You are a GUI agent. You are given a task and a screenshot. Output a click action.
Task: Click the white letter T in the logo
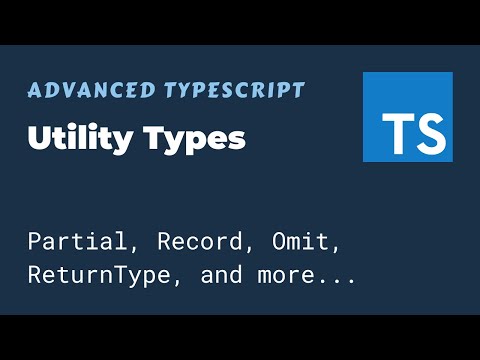click(397, 131)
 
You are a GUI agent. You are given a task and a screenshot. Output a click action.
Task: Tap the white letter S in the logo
click(428, 131)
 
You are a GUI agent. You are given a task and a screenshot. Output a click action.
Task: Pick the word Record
click(179, 242)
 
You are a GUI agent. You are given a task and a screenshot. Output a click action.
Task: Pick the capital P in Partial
click(35, 242)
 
